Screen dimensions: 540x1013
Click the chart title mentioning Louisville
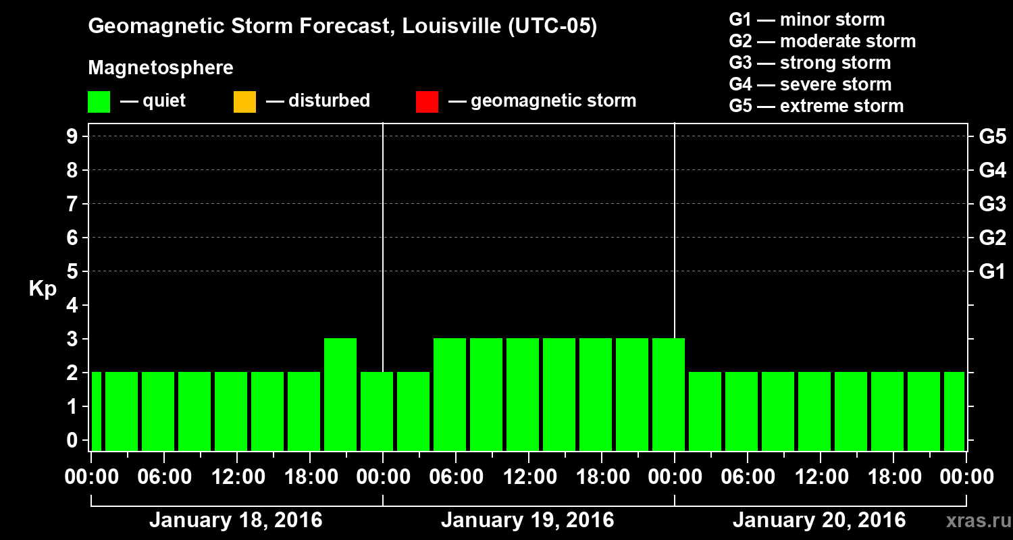coord(342,27)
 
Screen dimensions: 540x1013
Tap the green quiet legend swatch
coord(99,102)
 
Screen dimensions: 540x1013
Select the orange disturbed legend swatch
coord(244,102)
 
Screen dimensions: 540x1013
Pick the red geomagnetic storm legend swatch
coord(427,102)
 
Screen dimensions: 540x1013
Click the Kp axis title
coord(43,289)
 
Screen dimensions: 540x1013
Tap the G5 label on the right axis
coord(992,136)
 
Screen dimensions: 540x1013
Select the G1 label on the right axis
coord(992,272)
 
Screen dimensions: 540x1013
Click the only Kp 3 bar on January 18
coord(340,394)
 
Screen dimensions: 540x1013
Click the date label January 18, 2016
coord(236,520)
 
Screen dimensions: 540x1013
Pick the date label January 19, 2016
coord(527,520)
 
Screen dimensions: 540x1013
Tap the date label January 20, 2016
coord(819,520)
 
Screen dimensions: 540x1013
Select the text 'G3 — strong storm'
coord(810,63)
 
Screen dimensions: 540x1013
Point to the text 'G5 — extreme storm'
coord(816,106)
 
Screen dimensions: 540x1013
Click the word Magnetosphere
coord(161,68)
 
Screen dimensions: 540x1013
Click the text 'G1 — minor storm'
coord(806,20)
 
